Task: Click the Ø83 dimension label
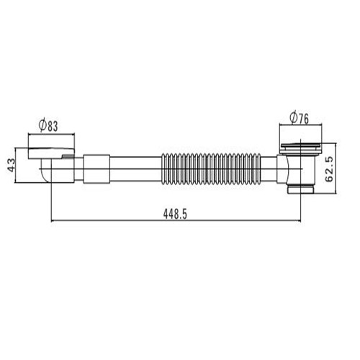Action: click(x=48, y=126)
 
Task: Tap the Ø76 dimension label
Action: click(x=299, y=118)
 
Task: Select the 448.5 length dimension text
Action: click(x=175, y=214)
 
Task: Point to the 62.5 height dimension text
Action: click(x=329, y=168)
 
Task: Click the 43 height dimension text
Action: click(x=11, y=165)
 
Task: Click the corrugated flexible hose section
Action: click(x=211, y=169)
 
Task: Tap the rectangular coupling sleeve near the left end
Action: click(x=96, y=169)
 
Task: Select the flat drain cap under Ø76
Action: click(x=300, y=146)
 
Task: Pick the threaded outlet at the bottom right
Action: click(x=301, y=189)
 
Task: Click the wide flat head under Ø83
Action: click(x=51, y=153)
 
